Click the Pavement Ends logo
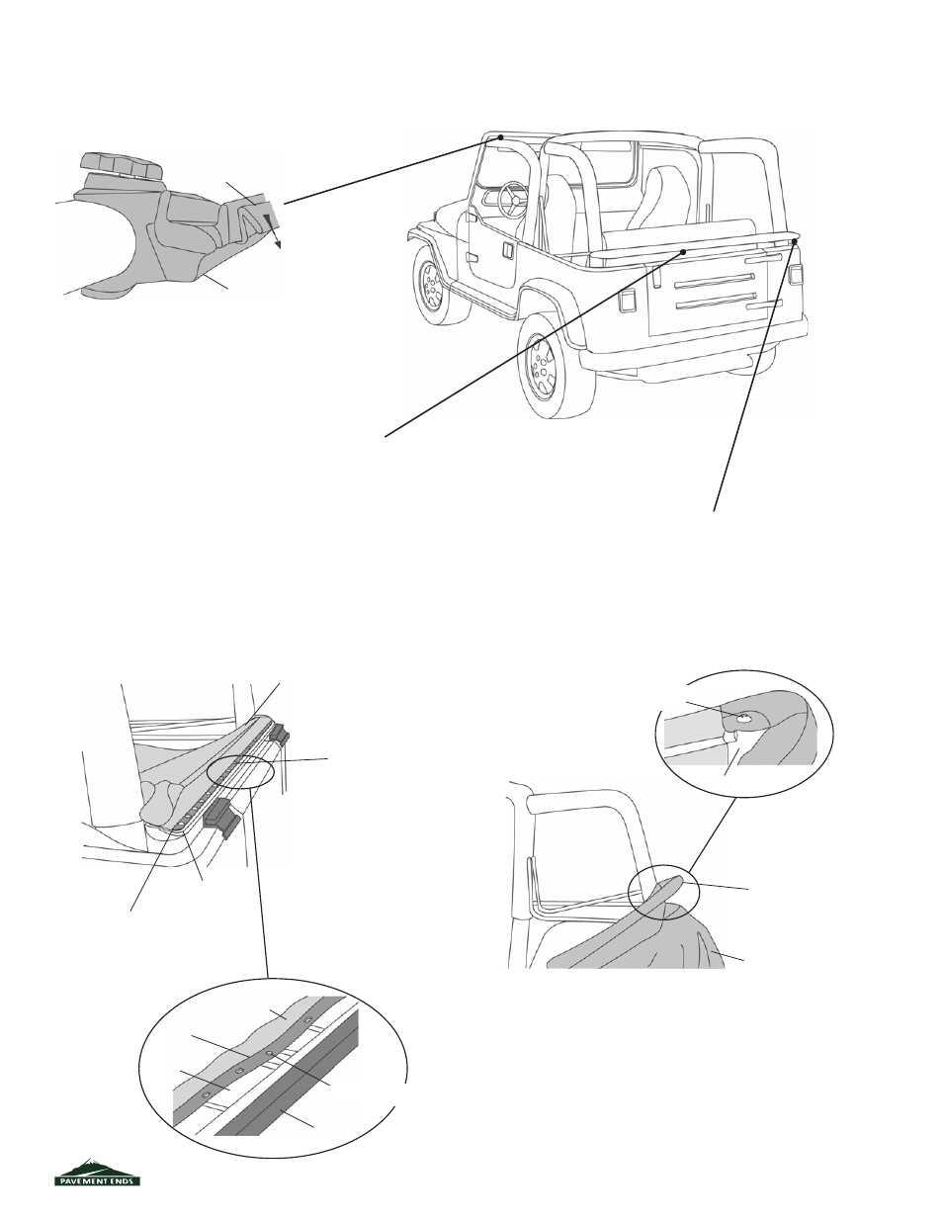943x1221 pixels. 97,1172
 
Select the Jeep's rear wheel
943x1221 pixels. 546,369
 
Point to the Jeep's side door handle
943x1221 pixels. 508,250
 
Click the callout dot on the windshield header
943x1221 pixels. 500,136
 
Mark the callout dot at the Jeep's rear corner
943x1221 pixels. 794,241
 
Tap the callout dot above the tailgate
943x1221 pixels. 683,252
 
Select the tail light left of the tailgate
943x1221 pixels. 627,302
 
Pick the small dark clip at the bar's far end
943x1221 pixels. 280,734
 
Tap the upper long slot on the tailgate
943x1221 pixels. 715,281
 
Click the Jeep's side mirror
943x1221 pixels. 471,217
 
